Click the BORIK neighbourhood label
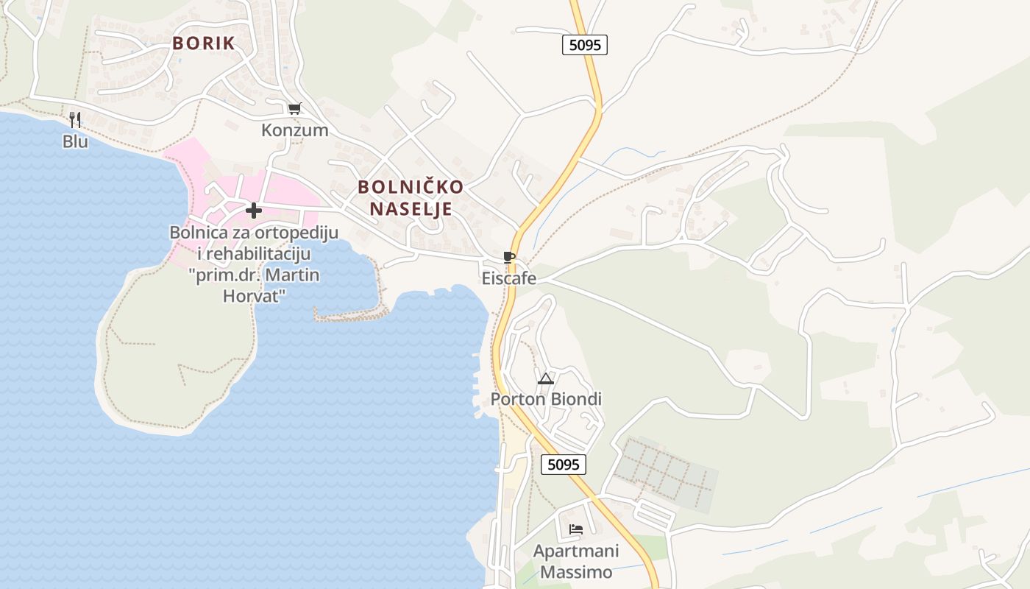[204, 43]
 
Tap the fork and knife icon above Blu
[74, 119]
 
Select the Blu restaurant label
[75, 141]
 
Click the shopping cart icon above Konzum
[294, 109]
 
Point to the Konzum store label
[294, 130]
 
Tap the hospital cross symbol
[254, 211]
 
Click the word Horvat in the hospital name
[254, 295]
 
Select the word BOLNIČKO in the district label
[411, 187]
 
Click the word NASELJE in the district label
[411, 209]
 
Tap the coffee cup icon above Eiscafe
[508, 257]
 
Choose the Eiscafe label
[508, 278]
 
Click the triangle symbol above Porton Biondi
[545, 378]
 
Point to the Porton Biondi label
[546, 399]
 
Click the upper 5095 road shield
[585, 45]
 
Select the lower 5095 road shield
[564, 465]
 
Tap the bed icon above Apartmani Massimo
[575, 529]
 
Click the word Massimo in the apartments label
[576, 572]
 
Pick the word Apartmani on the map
[576, 551]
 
